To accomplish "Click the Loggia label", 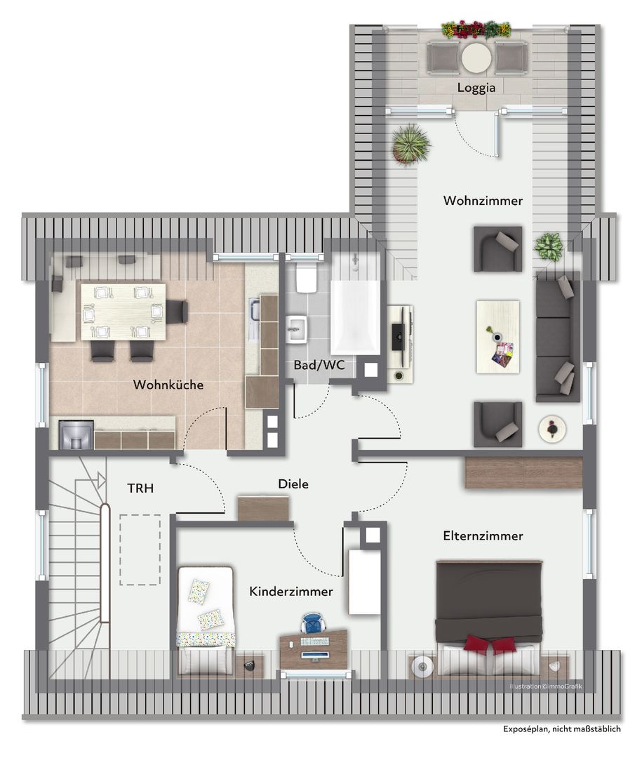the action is point(476,88).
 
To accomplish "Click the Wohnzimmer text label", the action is point(483,201).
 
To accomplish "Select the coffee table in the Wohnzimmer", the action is point(498,337).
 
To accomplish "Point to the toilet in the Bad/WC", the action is point(305,278).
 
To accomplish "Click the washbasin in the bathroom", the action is point(296,329).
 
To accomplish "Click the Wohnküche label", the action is point(168,385).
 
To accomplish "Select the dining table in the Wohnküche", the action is point(123,312).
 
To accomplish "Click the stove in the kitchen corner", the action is point(76,434).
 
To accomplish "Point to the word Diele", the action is point(293,484).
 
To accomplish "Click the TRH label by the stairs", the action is point(141,488).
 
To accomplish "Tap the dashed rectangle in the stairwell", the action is point(140,550).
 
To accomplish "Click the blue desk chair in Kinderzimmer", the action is point(313,623).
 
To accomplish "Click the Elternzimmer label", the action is point(483,536).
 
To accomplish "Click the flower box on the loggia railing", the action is point(476,29).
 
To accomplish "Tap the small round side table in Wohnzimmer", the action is point(553,428).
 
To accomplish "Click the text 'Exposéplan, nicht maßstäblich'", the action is point(562,742).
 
